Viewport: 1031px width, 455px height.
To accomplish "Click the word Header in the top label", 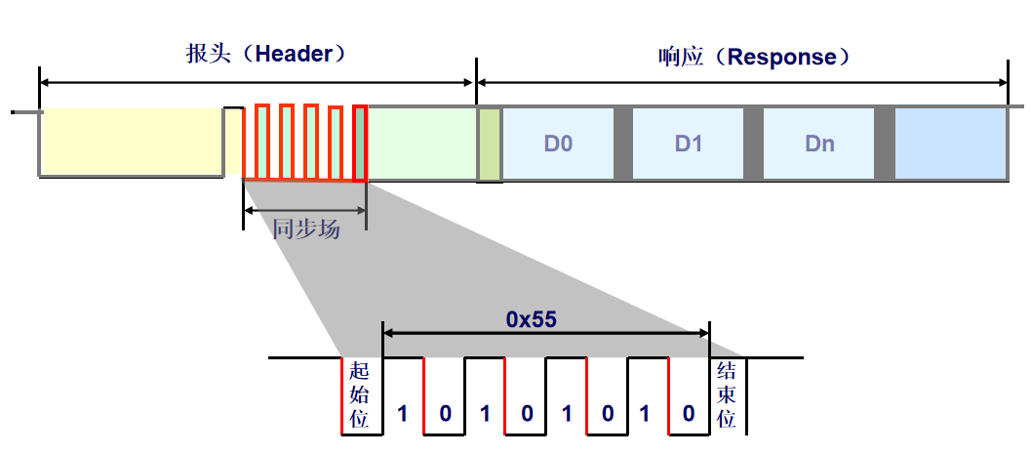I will click(x=294, y=53).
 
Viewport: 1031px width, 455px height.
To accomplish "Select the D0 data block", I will click(x=558, y=145).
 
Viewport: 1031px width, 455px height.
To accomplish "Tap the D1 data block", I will click(x=688, y=145).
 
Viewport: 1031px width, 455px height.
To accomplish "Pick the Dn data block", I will click(x=819, y=145).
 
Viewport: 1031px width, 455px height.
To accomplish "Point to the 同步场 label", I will click(x=306, y=229).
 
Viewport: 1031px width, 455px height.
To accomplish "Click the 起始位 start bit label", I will click(x=360, y=395).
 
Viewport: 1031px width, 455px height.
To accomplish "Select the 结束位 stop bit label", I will click(x=727, y=395).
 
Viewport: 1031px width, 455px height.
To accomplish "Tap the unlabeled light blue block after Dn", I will click(x=950, y=144).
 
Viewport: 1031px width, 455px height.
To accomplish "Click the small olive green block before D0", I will click(x=489, y=145).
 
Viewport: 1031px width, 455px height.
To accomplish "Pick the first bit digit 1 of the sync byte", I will click(x=402, y=413).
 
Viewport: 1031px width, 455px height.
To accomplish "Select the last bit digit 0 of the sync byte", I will click(x=689, y=413).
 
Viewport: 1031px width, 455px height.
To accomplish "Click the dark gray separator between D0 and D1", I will click(x=622, y=144).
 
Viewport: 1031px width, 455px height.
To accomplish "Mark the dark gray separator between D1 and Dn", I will click(x=753, y=144).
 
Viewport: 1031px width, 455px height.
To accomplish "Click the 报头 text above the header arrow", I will click(x=208, y=53).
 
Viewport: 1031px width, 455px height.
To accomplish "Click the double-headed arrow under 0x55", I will click(x=546, y=333).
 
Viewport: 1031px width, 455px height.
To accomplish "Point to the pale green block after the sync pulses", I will click(x=419, y=144).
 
